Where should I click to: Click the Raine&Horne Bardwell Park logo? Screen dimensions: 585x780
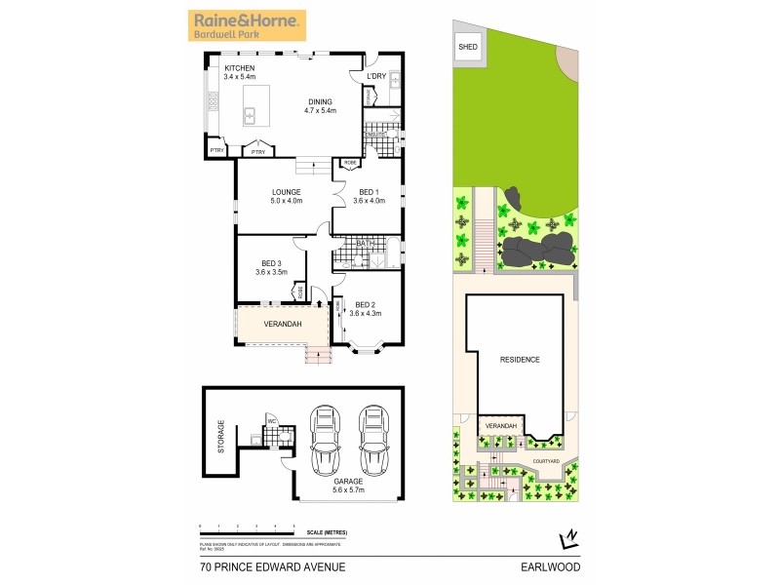pyautogui.click(x=248, y=24)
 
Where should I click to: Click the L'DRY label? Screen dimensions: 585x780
pyautogui.click(x=376, y=76)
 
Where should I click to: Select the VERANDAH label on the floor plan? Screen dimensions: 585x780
pyautogui.click(x=282, y=324)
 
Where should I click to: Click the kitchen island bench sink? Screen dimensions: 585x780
pyautogui.click(x=250, y=117)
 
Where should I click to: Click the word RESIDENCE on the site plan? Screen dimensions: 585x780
pyautogui.click(x=520, y=360)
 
